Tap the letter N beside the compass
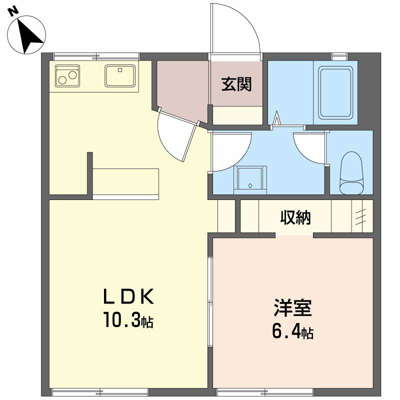[x=13, y=12]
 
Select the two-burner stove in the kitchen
[x=67, y=76]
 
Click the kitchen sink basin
[x=120, y=76]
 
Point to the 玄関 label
[x=236, y=84]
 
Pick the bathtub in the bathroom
[x=335, y=92]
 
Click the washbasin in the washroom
[x=250, y=180]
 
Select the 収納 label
[x=295, y=217]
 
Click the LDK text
[x=128, y=296]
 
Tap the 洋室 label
[x=293, y=307]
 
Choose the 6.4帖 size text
[x=293, y=331]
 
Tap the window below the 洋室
[x=265, y=392]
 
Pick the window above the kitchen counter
[x=96, y=56]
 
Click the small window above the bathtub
[x=339, y=56]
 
